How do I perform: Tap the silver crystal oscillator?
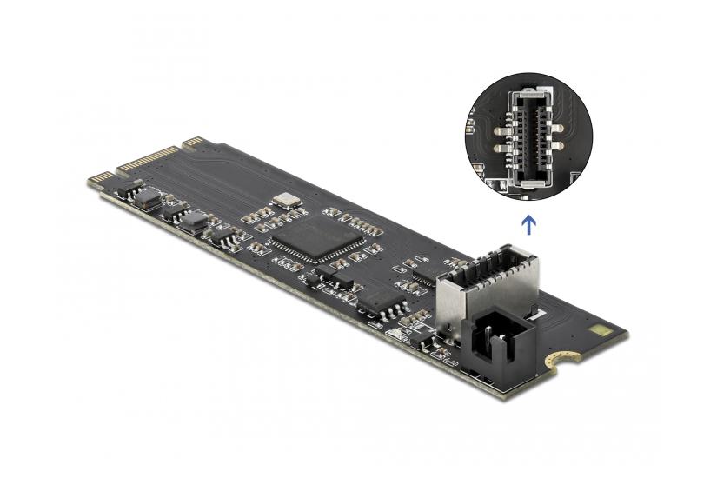click(x=284, y=201)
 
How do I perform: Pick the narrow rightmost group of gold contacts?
click(x=192, y=140)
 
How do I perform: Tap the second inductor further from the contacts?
click(x=194, y=220)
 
